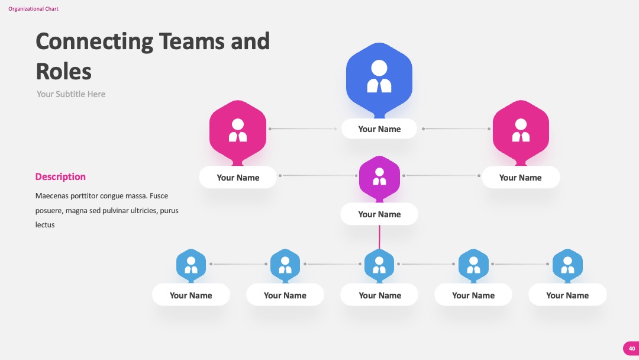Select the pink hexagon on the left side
click(238, 131)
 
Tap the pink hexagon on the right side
click(521, 131)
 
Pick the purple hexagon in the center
click(379, 178)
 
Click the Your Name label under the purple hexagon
click(379, 214)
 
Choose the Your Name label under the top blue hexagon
click(379, 129)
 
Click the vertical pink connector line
click(379, 237)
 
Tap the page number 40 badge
click(631, 349)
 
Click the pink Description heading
click(60, 176)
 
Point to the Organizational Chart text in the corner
click(33, 8)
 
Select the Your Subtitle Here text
click(71, 94)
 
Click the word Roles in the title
click(63, 71)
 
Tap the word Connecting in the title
click(95, 42)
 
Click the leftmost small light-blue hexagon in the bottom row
click(191, 265)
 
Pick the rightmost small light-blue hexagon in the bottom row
click(567, 265)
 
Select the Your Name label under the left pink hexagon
click(238, 178)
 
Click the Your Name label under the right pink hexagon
click(521, 178)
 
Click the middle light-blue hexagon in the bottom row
click(379, 265)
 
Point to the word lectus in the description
click(45, 224)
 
